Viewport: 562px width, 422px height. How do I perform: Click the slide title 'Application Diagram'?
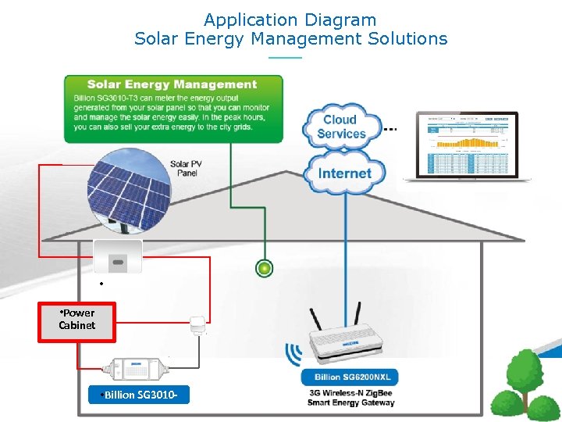coord(290,20)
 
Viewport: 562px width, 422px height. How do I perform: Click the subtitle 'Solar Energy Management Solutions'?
coord(290,38)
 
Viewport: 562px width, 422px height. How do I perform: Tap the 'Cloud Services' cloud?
coord(340,126)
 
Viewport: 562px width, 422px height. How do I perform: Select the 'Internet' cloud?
coord(344,173)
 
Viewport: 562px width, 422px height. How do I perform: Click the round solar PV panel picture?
coord(128,189)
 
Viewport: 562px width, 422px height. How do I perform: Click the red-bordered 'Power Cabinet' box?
coord(77,322)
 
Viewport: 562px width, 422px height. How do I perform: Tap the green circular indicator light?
coord(265,269)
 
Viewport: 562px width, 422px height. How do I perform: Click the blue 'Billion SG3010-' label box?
coord(139,395)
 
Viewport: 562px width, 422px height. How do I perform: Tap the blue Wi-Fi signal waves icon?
coord(293,354)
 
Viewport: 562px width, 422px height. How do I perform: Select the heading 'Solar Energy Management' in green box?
coord(172,84)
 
